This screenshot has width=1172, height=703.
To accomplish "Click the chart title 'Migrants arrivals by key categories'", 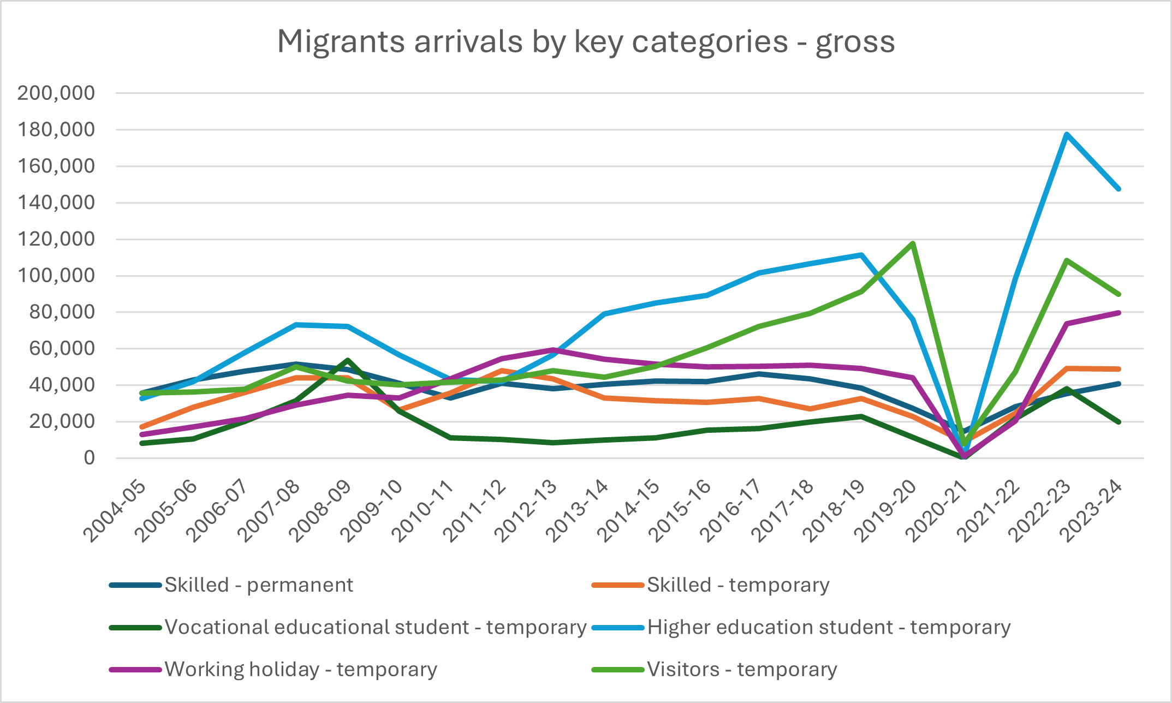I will click(x=586, y=41).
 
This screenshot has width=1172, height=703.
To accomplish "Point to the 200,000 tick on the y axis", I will click(x=56, y=93).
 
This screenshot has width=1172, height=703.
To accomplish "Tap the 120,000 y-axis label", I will click(x=56, y=239).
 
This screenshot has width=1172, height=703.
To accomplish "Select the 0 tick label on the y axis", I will click(x=89, y=458).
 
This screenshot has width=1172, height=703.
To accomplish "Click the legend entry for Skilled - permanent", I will click(x=259, y=585).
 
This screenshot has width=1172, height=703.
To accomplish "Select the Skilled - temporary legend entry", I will click(x=738, y=585).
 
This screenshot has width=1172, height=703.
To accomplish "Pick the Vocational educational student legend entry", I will click(x=376, y=628).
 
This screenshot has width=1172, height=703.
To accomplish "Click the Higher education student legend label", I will click(x=829, y=628).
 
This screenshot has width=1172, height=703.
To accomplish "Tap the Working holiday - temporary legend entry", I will click(x=301, y=670).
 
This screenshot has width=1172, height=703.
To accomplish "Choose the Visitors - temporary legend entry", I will click(x=742, y=670).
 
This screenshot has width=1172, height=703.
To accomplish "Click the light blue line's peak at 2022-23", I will click(x=1067, y=134).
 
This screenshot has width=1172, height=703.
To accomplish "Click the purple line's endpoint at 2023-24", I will click(x=1118, y=313).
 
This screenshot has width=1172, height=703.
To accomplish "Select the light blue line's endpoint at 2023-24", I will click(x=1118, y=189).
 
